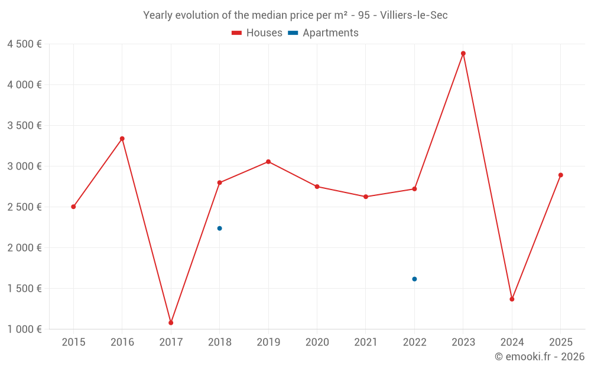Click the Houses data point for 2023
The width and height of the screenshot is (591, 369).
(x=463, y=53)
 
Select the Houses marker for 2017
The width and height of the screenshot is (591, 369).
(x=171, y=323)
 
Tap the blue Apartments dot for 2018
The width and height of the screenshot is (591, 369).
(x=220, y=228)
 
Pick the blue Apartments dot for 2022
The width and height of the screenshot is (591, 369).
(x=414, y=279)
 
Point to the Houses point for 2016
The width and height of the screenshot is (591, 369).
(x=122, y=139)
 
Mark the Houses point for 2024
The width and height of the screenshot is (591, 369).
(x=512, y=299)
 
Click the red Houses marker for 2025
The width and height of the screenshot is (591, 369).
(x=561, y=175)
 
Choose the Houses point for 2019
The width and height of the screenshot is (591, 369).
(x=268, y=162)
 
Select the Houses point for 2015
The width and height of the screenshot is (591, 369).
(x=73, y=207)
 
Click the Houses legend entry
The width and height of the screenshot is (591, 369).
(x=257, y=33)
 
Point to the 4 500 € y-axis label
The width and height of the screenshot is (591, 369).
(x=24, y=44)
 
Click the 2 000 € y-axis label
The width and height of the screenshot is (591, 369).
(x=24, y=248)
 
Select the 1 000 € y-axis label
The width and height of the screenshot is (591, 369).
(x=24, y=329)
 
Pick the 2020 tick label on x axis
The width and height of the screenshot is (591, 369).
(x=317, y=342)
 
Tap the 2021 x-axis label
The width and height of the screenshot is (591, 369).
(x=366, y=342)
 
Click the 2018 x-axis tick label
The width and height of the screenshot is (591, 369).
(x=219, y=342)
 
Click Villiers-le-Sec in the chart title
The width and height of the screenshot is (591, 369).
(x=414, y=15)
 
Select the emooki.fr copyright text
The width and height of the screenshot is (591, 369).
(x=540, y=357)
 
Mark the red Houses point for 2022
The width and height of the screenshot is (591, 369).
(x=414, y=189)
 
